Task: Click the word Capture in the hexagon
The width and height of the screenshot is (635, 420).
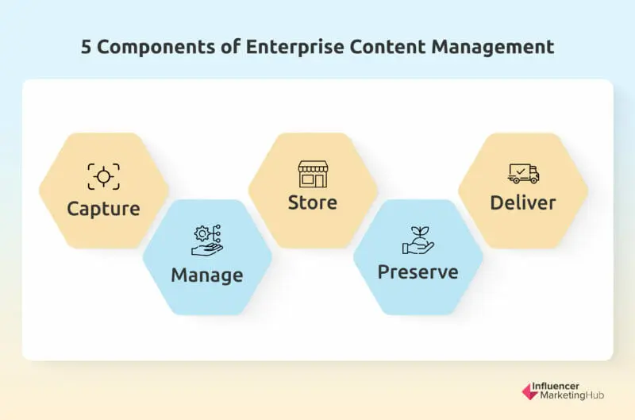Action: coord(103,209)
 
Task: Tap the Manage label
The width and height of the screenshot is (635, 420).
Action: coord(206,276)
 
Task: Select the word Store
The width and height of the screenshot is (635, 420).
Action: coord(312,202)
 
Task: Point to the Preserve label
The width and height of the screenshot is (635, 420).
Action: coord(418,272)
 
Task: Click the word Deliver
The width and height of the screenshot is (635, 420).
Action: coord(522,202)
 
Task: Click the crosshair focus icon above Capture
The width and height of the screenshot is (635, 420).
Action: coord(103,175)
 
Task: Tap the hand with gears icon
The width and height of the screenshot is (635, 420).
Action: coord(207,240)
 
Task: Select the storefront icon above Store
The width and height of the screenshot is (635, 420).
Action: coord(312,173)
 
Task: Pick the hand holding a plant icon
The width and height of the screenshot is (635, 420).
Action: coord(418,240)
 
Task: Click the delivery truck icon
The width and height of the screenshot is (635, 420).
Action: coord(523,173)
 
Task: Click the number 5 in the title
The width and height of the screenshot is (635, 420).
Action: coord(86,47)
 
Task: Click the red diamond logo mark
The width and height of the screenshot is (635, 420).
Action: coord(529,391)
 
